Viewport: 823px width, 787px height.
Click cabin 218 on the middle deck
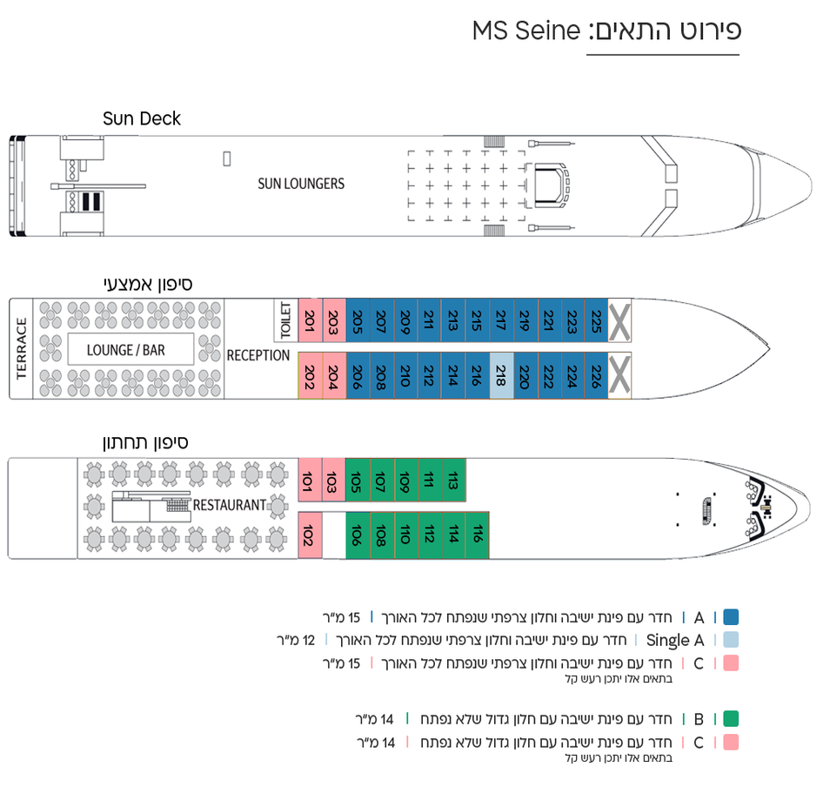click(501, 375)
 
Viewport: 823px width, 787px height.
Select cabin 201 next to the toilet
click(311, 320)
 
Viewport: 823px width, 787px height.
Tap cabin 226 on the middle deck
click(596, 375)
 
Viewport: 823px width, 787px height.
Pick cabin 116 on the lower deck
click(477, 535)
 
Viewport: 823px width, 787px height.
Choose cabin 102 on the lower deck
click(310, 535)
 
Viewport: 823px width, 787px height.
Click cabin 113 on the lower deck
click(453, 481)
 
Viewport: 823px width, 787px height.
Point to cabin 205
click(358, 320)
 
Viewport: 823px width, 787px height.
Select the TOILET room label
click(286, 320)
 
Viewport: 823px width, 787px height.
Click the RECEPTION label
click(258, 356)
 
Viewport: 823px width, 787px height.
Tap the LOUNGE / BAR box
click(130, 349)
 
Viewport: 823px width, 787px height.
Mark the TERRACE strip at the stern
click(21, 349)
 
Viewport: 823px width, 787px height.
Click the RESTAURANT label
click(230, 506)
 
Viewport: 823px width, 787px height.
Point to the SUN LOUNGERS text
click(301, 184)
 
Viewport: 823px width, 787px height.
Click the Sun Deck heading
click(142, 118)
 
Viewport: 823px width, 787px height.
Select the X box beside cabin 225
click(619, 320)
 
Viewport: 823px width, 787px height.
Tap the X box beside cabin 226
click(619, 375)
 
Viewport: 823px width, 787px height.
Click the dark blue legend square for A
click(731, 616)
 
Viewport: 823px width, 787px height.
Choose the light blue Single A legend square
click(731, 640)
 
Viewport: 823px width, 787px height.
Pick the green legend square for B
click(731, 719)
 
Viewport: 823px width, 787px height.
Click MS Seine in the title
click(526, 30)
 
